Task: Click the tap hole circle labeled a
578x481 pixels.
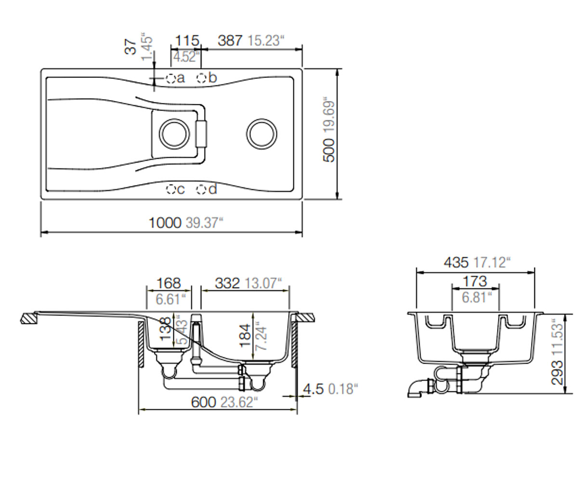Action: click(171, 78)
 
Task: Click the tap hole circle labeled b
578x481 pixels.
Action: click(201, 78)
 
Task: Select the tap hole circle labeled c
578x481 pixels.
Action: click(171, 190)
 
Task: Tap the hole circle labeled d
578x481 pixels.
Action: click(201, 190)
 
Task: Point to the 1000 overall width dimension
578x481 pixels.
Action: click(165, 223)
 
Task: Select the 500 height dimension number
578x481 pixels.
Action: click(329, 151)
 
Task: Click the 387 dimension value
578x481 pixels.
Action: click(230, 40)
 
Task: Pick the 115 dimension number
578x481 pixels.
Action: click(187, 40)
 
